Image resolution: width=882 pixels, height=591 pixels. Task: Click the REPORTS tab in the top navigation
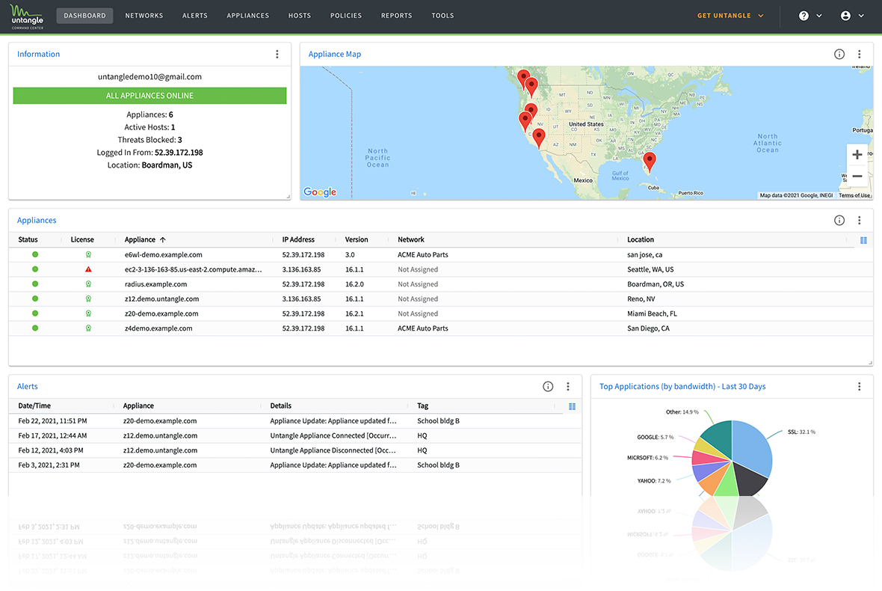[396, 16]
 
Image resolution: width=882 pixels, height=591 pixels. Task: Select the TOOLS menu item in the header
[442, 16]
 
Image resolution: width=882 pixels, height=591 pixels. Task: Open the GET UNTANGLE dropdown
[730, 16]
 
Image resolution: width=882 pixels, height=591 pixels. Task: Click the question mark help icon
[804, 16]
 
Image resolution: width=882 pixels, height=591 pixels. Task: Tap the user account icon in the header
[845, 16]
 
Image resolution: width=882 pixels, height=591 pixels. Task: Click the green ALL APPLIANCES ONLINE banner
[149, 96]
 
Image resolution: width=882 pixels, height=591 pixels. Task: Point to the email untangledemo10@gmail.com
[149, 76]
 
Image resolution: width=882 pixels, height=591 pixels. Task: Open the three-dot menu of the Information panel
[277, 55]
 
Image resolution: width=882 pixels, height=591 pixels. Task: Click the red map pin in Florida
[650, 160]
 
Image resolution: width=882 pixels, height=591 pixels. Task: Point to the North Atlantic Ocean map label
[767, 144]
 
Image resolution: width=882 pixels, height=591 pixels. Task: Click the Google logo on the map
[320, 192]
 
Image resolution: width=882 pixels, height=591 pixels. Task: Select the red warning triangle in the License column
[88, 269]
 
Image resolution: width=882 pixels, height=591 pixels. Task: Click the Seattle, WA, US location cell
[650, 269]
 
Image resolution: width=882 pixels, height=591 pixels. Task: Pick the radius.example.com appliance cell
[155, 284]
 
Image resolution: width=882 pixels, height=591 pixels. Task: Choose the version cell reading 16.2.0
[355, 284]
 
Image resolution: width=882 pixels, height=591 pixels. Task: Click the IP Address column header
[298, 240]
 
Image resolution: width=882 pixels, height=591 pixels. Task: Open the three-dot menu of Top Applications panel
[859, 387]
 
